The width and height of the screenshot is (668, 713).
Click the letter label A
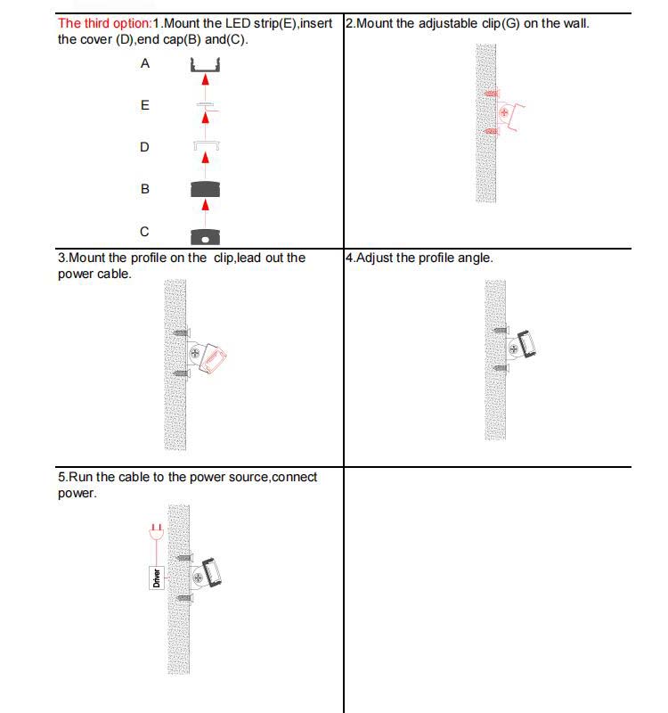145,64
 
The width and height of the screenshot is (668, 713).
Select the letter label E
145,105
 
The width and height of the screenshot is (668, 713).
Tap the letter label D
144,147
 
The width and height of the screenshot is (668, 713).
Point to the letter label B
145,189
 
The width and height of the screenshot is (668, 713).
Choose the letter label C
144,232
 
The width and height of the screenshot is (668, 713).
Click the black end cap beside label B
205,189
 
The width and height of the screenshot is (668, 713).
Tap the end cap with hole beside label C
205,236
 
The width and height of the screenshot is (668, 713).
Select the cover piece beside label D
205,145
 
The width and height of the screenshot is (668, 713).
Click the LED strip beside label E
205,106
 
